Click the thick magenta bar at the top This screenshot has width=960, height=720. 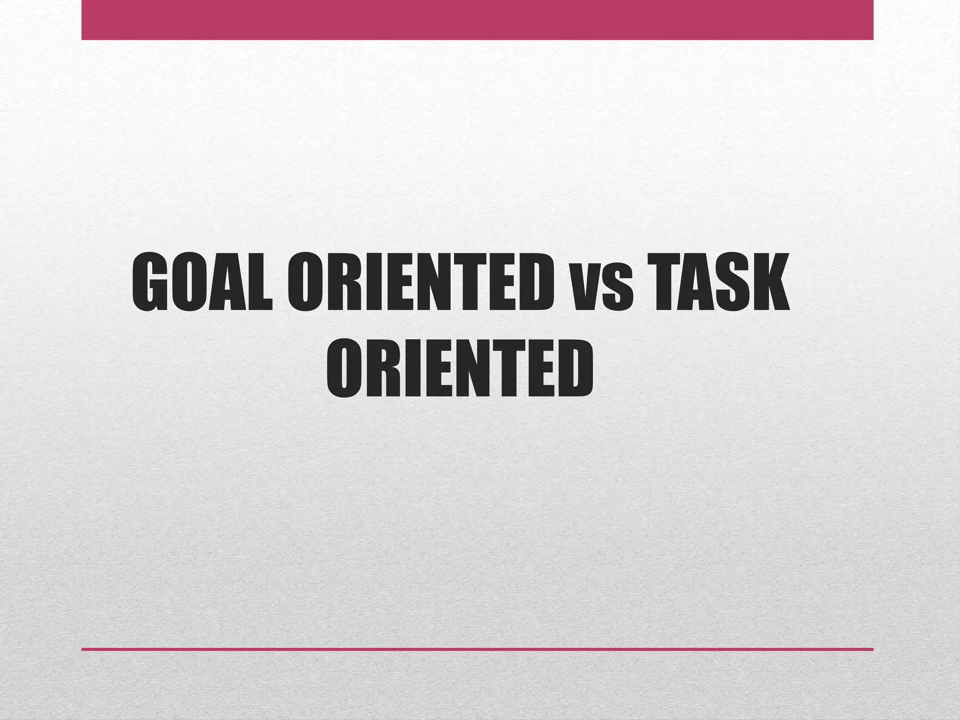click(x=477, y=20)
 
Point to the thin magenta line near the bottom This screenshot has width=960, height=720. click(x=477, y=649)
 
